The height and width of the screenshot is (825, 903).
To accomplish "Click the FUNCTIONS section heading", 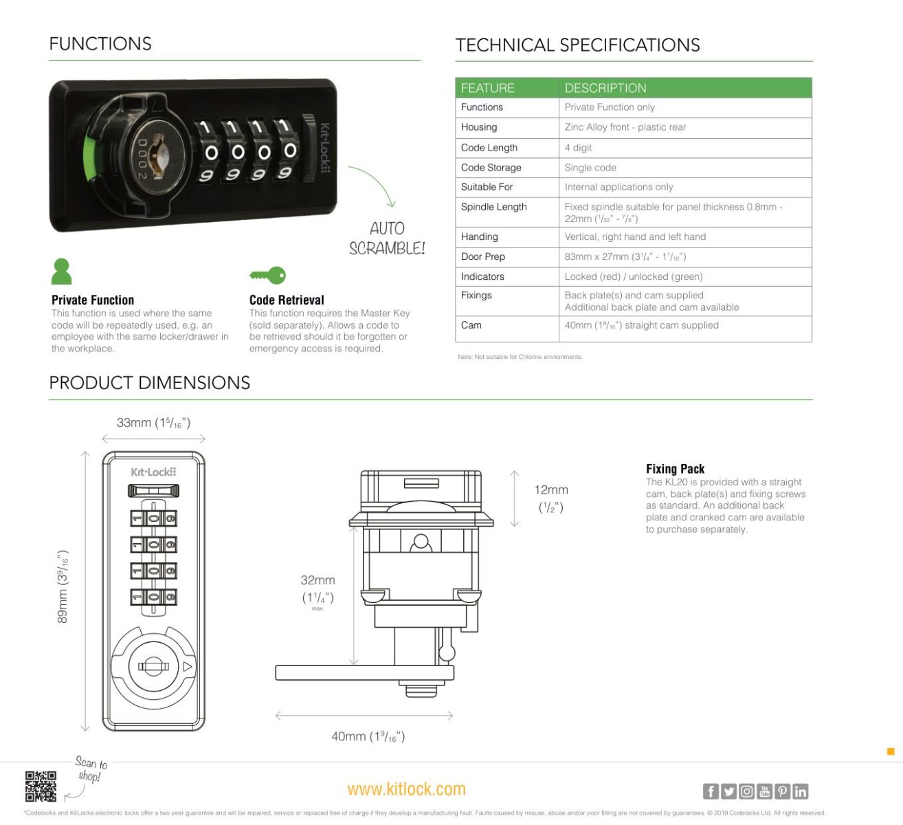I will (x=100, y=44).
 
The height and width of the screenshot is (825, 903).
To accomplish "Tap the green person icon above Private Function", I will (x=61, y=272).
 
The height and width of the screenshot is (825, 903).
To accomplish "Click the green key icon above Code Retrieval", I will (x=267, y=276).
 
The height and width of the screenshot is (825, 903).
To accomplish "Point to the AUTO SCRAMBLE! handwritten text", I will (x=387, y=238).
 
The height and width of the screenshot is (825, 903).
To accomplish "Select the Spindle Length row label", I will (x=493, y=207).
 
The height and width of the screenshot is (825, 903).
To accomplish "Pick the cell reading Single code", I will (x=590, y=168).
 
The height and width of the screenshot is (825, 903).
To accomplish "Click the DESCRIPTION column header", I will (x=605, y=88).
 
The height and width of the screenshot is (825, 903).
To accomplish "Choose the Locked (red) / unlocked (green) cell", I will (x=633, y=276).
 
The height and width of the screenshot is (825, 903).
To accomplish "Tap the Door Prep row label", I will (x=482, y=256).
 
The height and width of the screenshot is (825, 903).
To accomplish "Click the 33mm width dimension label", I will (x=153, y=423).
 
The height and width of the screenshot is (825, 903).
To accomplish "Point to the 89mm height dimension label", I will (x=63, y=586).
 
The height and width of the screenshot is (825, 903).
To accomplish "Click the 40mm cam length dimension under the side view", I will (x=368, y=736).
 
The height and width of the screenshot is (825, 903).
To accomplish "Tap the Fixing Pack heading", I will (x=675, y=469).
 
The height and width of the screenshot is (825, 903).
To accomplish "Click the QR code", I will (x=41, y=786).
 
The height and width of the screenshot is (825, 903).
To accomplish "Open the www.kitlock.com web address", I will (x=406, y=789).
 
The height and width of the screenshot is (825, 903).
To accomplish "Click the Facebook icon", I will (x=711, y=791).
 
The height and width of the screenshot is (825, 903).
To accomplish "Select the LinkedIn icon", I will (x=800, y=791).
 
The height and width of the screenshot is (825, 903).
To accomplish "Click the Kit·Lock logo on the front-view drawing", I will (x=153, y=472).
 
